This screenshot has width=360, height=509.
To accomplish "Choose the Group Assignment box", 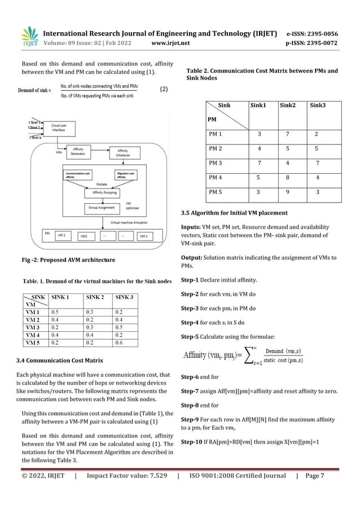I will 100,207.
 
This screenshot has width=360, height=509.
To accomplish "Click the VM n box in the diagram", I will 145,236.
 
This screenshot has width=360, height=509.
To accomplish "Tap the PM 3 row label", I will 216,164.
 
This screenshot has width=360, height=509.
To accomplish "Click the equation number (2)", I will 164,89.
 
